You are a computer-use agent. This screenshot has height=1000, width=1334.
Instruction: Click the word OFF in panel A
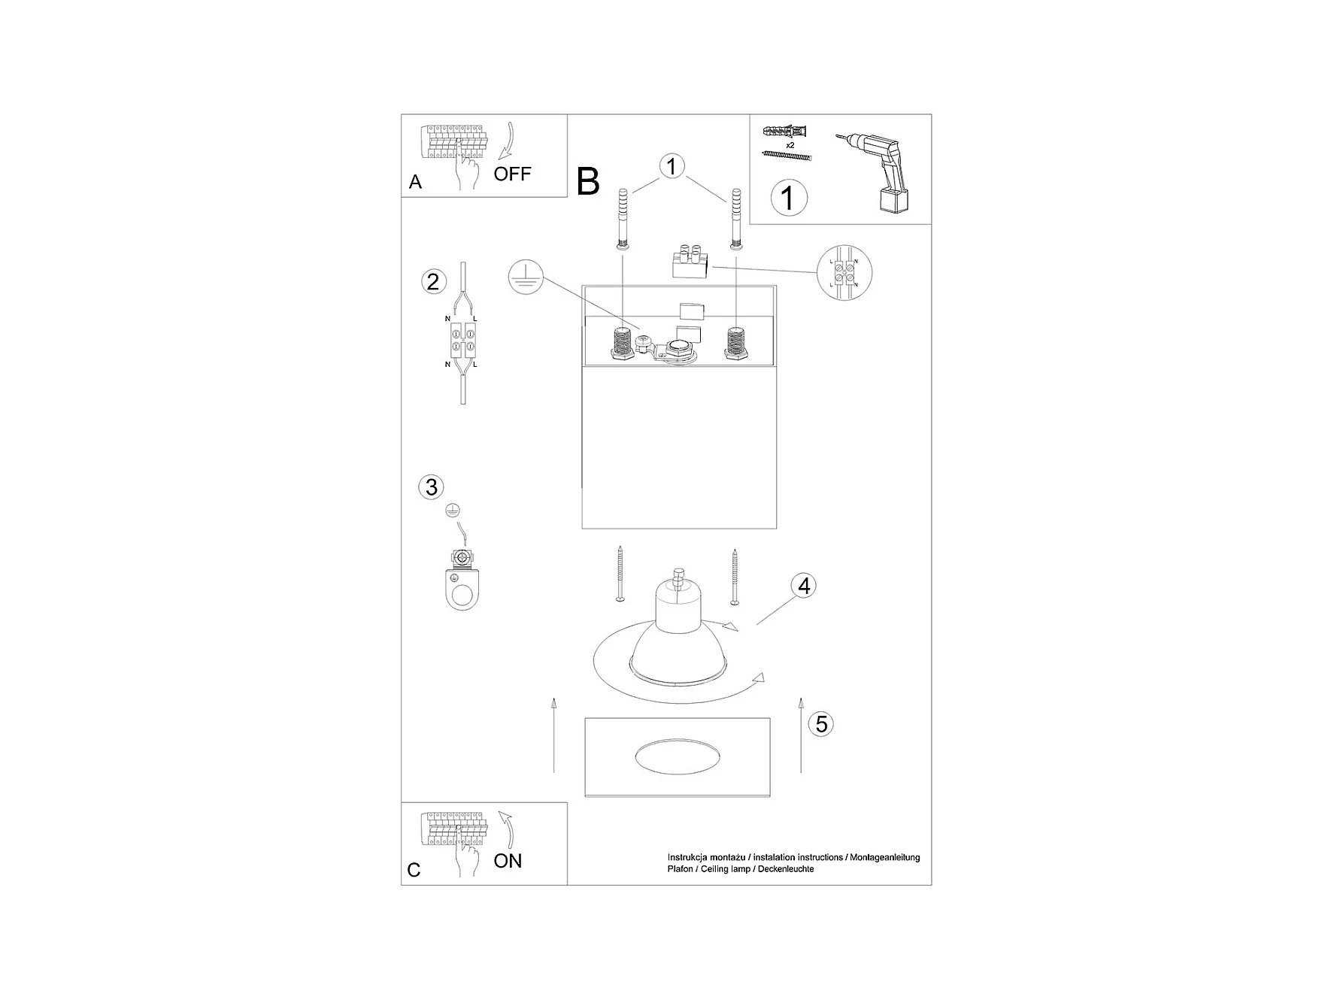(512, 174)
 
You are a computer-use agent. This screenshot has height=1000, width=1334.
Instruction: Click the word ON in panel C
(508, 861)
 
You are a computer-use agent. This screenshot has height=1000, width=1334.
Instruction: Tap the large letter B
(588, 182)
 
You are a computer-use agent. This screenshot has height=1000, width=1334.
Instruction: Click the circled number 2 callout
(432, 282)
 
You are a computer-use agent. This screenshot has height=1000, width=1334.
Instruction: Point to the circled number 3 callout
(431, 487)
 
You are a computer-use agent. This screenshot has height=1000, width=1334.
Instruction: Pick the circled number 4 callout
(804, 586)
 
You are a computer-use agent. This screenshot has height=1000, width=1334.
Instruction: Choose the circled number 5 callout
(821, 724)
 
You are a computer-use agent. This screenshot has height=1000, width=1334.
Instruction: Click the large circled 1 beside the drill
(788, 198)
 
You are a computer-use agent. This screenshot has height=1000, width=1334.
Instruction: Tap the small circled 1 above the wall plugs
(672, 166)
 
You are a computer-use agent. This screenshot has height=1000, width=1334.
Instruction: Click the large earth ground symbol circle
(525, 277)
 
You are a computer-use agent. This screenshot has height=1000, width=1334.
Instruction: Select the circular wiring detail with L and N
(844, 271)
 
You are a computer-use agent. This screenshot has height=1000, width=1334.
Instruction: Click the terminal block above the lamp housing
(691, 263)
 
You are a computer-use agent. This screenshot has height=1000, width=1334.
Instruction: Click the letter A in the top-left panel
(415, 182)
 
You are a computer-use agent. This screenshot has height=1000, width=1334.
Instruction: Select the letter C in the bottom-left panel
(414, 870)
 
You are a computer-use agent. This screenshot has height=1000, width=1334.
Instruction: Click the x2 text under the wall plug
(790, 144)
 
